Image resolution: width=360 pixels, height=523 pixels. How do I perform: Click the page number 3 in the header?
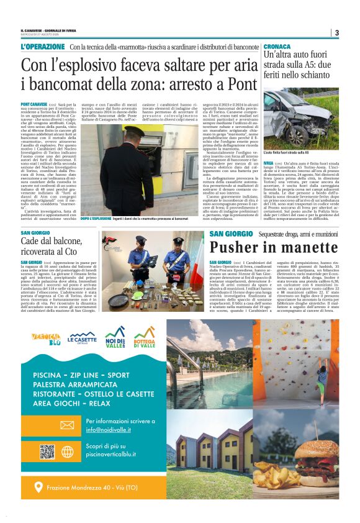click(336, 32)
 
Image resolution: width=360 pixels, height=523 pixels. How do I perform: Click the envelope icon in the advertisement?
click(67, 425)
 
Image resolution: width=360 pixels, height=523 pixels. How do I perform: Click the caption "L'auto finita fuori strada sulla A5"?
click(286, 152)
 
